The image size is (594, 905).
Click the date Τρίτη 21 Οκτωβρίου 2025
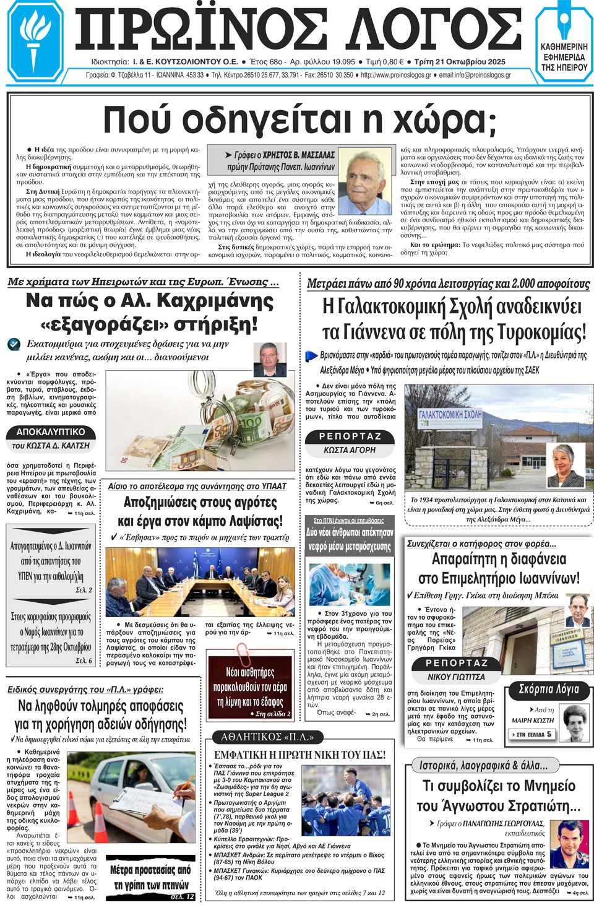tap(460, 62)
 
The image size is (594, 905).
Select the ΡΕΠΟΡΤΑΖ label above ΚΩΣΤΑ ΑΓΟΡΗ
tap(350, 436)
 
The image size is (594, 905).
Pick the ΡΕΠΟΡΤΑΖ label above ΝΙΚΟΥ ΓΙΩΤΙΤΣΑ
tap(457, 663)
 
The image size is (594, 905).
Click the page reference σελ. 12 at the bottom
tap(183, 896)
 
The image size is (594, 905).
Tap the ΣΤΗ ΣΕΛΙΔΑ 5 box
tap(532, 734)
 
